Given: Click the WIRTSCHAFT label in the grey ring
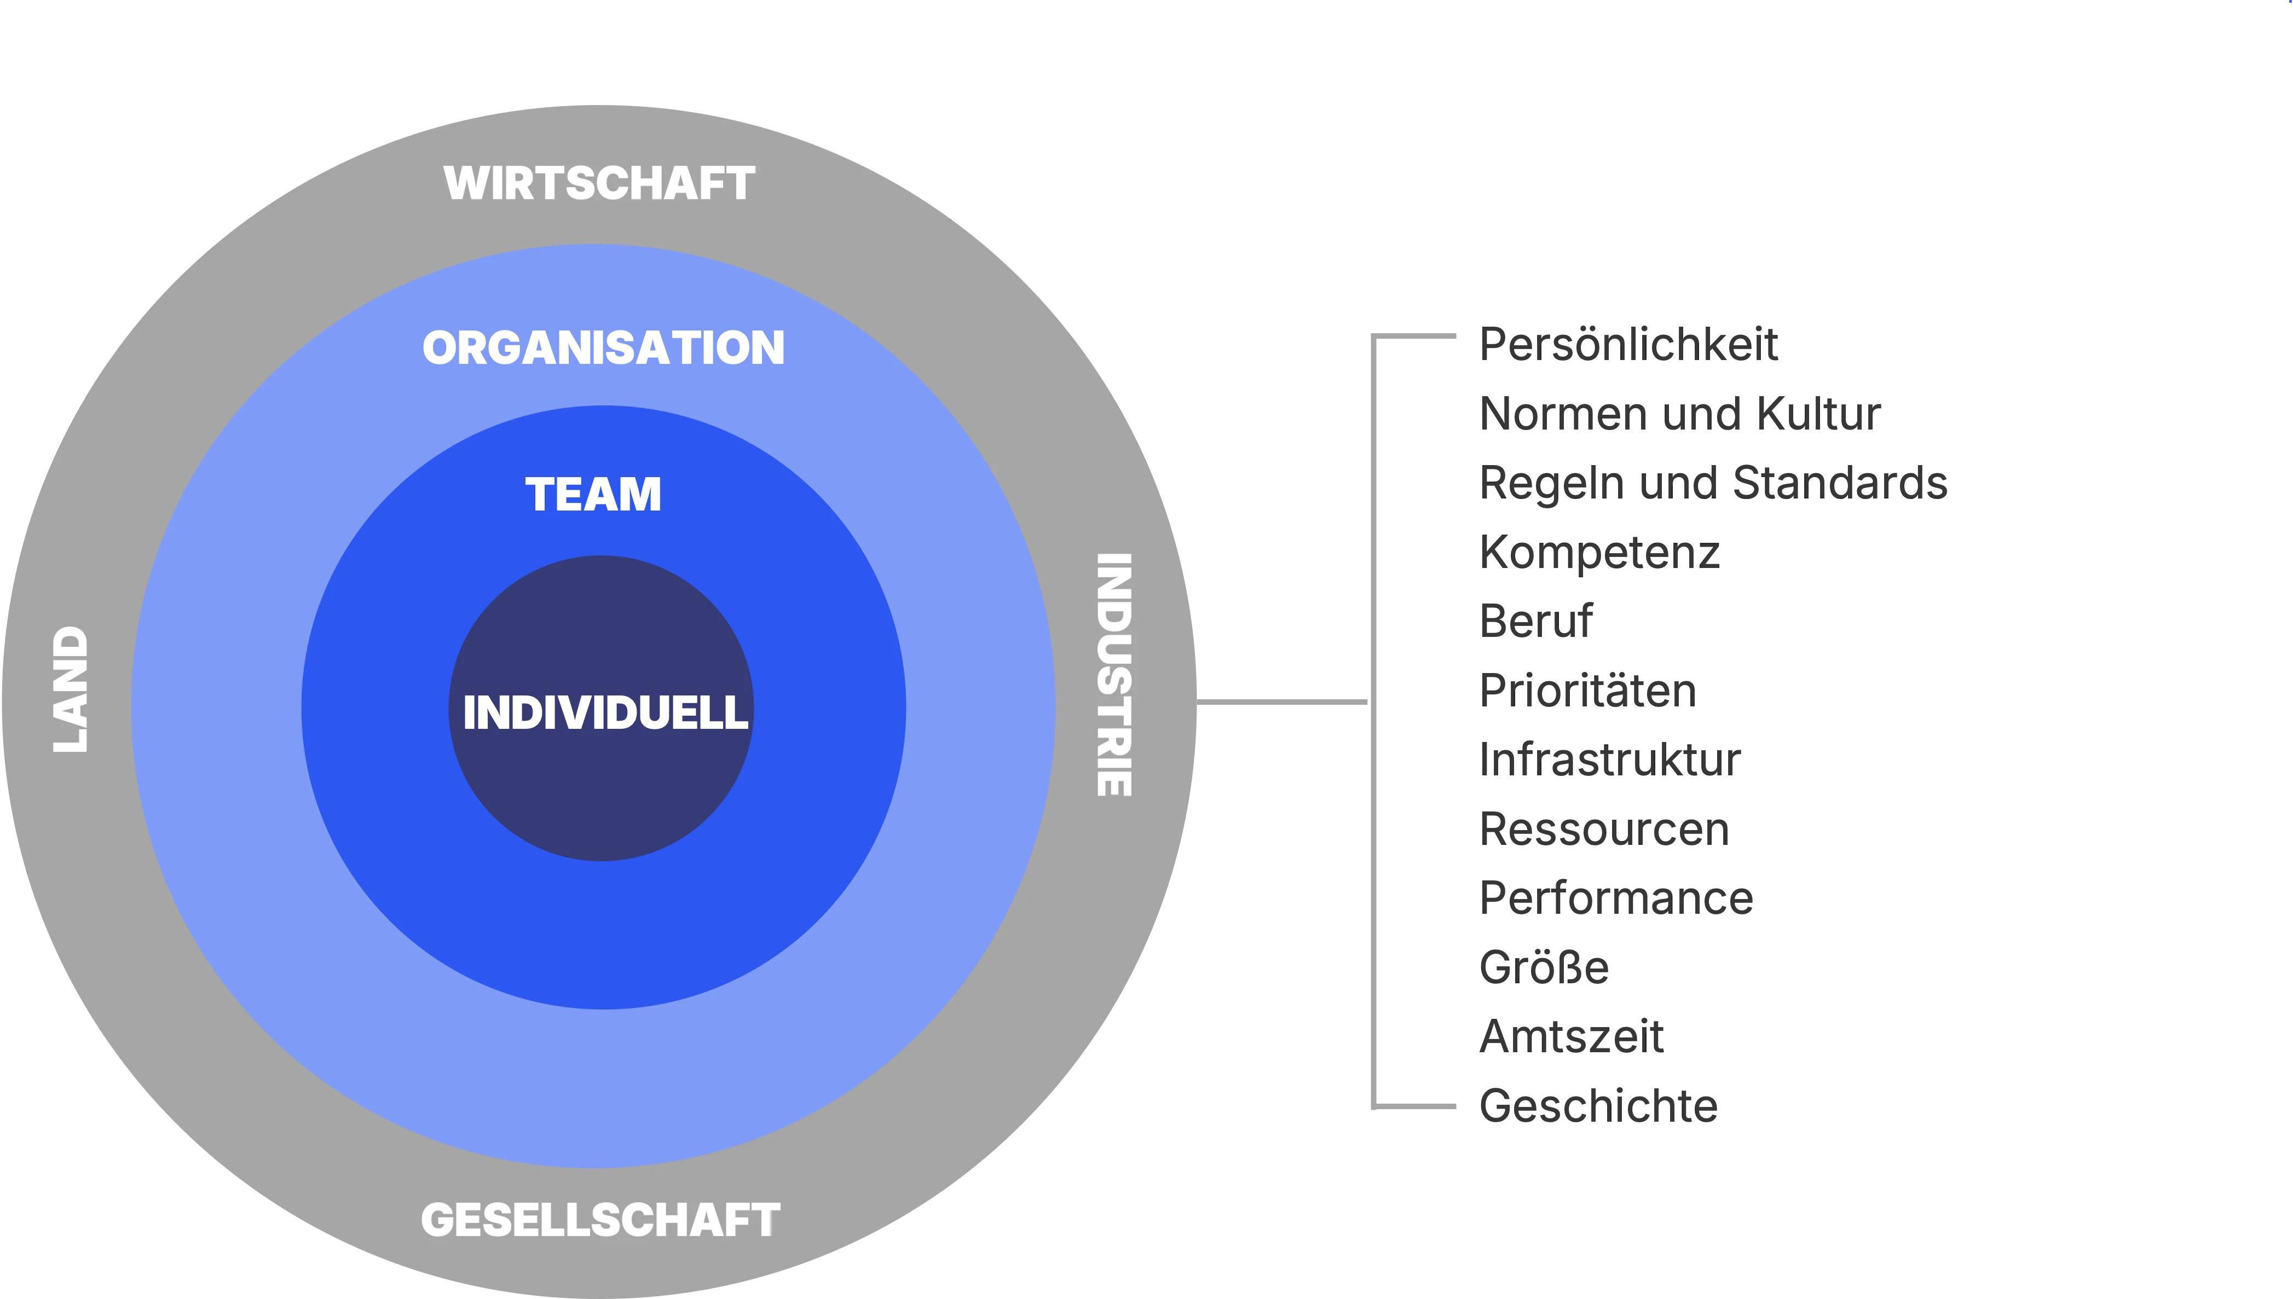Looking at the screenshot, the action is tap(599, 184).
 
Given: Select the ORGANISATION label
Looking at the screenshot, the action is tap(603, 348).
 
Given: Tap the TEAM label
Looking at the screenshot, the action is tap(593, 494).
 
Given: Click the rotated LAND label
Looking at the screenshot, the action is tap(71, 689).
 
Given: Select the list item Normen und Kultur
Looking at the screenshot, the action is tap(1680, 414).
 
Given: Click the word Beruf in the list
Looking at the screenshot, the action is tap(1535, 621).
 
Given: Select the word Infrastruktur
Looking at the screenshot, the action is tap(1609, 759).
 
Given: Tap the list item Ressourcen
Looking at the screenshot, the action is tap(1604, 829).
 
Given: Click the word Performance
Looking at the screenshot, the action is tap(1616, 898).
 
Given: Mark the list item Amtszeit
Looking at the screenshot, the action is tap(1571, 1037).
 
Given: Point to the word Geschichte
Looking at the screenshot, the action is tap(1598, 1106).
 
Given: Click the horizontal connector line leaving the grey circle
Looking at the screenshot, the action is tap(1281, 702).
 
